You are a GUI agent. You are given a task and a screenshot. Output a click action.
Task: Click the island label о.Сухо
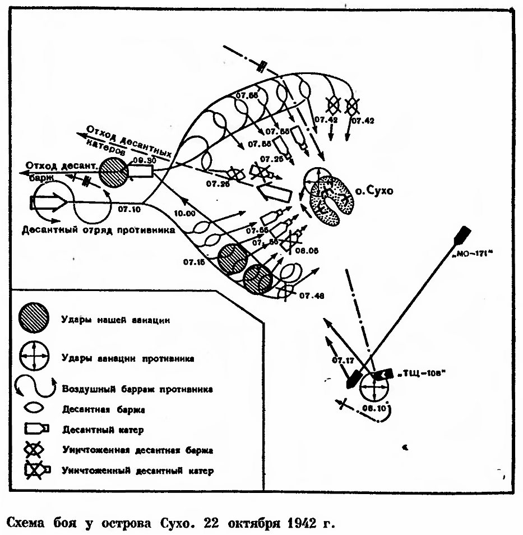coord(374,190)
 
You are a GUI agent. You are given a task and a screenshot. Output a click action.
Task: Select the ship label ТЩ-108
coord(417,374)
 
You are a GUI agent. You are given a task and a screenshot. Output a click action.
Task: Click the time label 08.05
coord(307,251)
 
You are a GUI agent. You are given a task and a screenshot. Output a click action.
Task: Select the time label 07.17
coord(344,359)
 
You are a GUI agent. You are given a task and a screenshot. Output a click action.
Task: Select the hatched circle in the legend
coord(35,319)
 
